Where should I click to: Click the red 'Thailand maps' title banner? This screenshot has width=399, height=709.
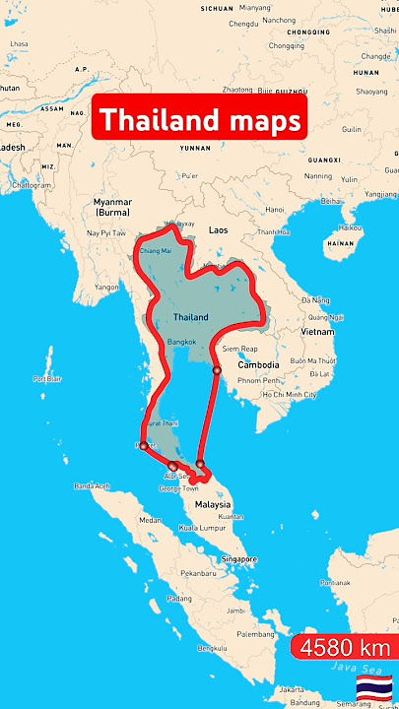click(199, 120)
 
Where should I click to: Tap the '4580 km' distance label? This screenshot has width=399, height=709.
click(345, 649)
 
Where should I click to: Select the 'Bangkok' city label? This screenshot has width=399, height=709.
click(182, 341)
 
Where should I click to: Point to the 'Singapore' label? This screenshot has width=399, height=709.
click(240, 559)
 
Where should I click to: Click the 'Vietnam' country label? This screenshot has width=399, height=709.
click(317, 332)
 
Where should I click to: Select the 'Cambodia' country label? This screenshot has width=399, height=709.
click(258, 365)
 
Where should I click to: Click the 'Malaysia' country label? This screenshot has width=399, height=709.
click(212, 503)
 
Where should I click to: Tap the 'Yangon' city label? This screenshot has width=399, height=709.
click(106, 287)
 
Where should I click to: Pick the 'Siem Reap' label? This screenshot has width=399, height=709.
click(242, 349)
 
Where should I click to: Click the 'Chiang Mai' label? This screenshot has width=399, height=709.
click(156, 251)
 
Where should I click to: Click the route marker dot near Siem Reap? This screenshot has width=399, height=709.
click(216, 370)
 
